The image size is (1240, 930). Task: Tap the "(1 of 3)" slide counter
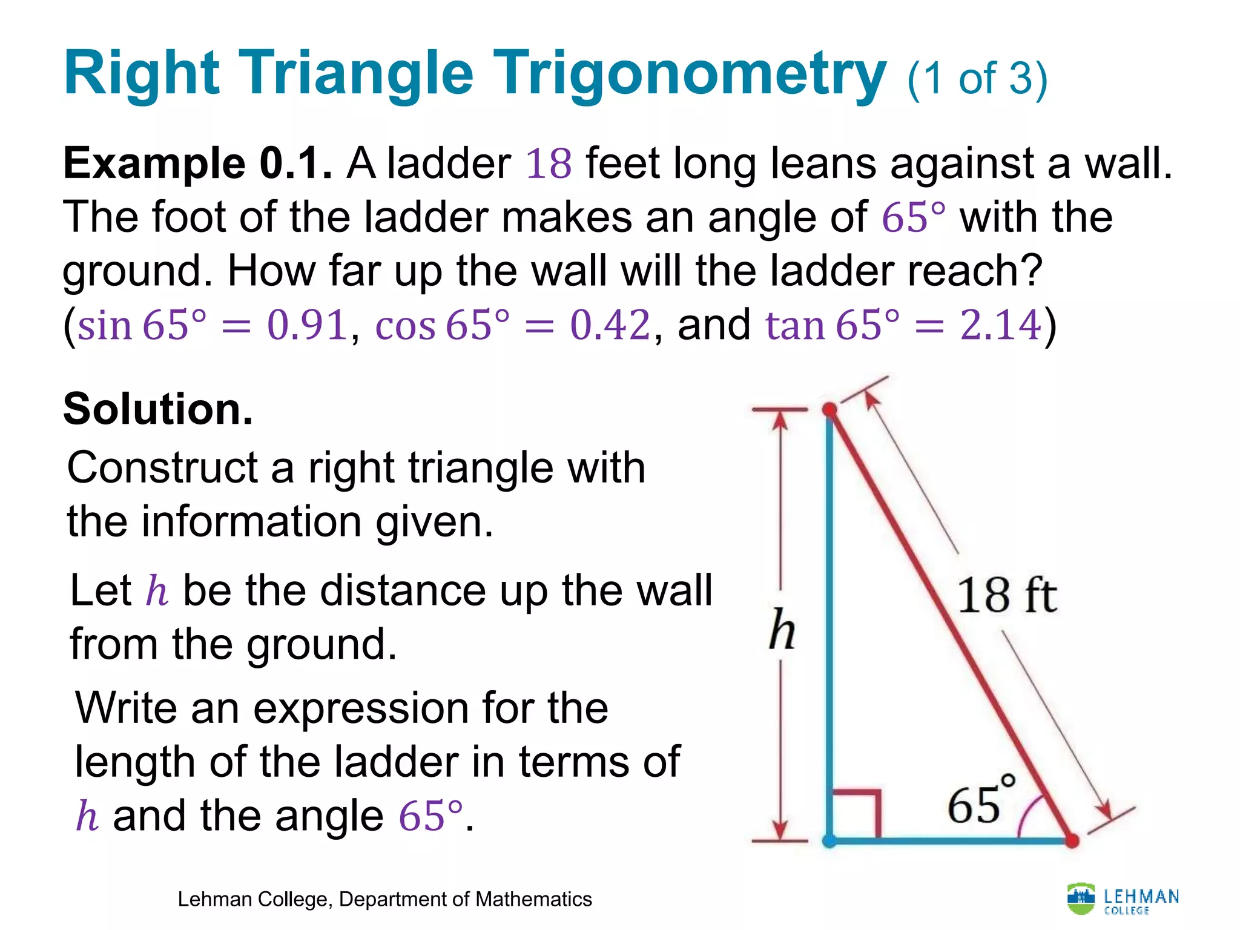pos(977,79)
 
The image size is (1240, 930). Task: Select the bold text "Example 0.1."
pos(197,163)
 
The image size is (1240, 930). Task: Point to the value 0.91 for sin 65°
pos(307,325)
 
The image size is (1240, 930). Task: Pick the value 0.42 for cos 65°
pos(610,325)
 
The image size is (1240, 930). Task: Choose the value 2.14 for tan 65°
pos(1000,325)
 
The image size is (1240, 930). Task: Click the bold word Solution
pos(157,409)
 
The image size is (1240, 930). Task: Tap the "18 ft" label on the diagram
pos(1006,596)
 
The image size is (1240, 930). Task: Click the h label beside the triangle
pos(782,630)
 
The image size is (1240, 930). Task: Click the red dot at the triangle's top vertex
pos(829,411)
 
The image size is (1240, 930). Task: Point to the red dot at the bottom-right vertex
pos(1071,840)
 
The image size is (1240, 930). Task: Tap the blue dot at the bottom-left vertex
pos(829,840)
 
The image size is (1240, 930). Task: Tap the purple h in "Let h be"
pos(157,591)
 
